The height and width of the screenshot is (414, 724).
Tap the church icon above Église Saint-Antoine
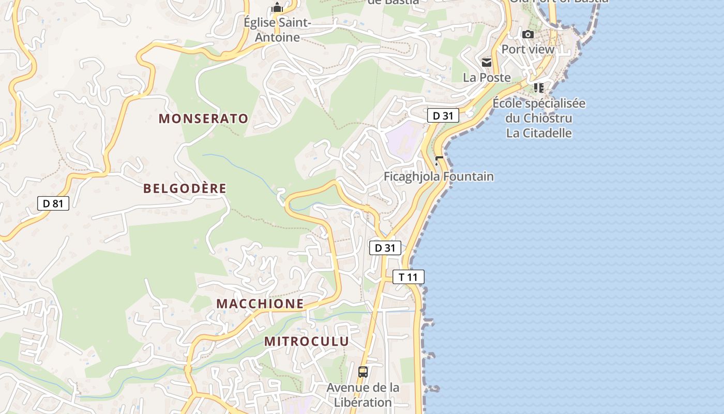(278, 7)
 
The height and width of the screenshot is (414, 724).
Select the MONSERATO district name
(204, 119)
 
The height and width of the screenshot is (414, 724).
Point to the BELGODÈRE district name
(185, 188)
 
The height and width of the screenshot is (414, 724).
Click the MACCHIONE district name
(260, 304)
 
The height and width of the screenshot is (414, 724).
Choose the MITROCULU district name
(307, 342)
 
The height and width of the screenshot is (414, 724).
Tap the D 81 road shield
(53, 203)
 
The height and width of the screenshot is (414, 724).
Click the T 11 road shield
(409, 277)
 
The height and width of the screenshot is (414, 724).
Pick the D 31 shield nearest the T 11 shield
(385, 248)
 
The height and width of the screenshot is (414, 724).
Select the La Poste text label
(487, 78)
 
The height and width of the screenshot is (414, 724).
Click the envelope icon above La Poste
(487, 63)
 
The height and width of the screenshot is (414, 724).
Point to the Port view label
(528, 50)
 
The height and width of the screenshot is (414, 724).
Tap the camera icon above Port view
(528, 35)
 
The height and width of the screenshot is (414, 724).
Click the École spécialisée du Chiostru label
(539, 110)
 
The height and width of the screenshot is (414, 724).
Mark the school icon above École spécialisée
(539, 87)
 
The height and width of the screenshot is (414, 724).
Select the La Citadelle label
(539, 133)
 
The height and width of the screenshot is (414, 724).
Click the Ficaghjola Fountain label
(439, 176)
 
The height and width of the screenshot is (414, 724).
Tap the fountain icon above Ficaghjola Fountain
(439, 161)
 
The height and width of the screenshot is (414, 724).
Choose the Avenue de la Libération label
(363, 395)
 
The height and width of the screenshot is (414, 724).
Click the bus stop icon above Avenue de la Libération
(363, 372)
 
